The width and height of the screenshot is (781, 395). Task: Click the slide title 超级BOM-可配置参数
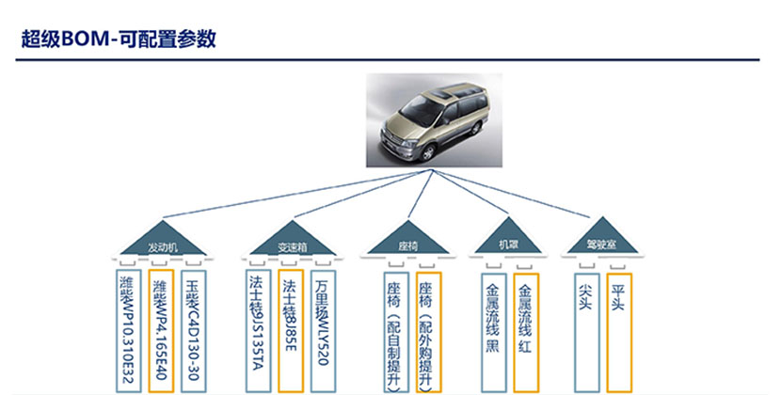120,39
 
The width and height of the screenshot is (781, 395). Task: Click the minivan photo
432,120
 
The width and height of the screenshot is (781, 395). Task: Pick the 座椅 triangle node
408,242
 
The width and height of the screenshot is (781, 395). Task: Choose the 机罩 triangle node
509,242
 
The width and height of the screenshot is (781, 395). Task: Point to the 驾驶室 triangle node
602,242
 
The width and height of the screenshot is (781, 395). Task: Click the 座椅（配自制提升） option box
394,331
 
